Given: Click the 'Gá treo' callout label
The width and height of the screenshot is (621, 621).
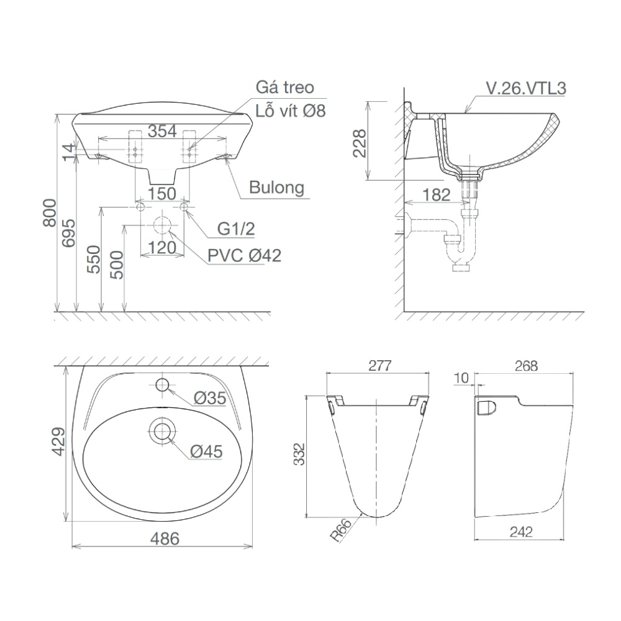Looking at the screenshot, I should click(x=285, y=88).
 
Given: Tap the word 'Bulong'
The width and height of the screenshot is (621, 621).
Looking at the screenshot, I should click(x=277, y=187).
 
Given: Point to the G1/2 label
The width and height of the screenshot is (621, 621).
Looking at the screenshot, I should click(x=236, y=229).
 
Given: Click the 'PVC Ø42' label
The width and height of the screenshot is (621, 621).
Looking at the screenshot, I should click(x=244, y=255).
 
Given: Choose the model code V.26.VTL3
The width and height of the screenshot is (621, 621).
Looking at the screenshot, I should click(x=525, y=88).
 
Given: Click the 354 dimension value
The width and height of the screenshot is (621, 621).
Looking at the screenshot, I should click(x=163, y=131).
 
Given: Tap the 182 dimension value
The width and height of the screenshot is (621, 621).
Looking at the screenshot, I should click(x=436, y=195).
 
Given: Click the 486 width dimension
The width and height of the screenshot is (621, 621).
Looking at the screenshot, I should click(x=163, y=538).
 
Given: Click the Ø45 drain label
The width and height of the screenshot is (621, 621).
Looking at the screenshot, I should click(x=206, y=452).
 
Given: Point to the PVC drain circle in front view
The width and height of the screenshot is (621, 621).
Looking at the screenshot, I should click(x=163, y=225).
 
